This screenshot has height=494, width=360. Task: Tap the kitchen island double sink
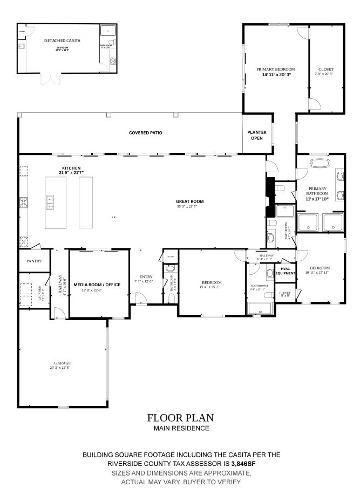50,202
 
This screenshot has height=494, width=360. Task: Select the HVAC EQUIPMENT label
285,271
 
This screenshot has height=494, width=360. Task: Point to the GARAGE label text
62,363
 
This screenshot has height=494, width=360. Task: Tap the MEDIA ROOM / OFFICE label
97,285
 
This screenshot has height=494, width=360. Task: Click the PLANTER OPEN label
257,135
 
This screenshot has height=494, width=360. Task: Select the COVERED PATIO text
145,133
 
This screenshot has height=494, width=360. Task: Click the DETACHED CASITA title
62,40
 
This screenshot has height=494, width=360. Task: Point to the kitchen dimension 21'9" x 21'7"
71,173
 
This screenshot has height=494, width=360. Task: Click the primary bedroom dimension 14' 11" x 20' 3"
276,75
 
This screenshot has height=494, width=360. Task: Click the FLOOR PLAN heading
180,417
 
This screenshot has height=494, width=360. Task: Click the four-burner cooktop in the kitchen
24,202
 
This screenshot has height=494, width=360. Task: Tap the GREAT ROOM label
189,201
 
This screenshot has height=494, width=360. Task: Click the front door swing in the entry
139,298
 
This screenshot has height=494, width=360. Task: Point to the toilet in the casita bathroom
112,42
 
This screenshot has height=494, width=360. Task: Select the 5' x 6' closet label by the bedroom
284,294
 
